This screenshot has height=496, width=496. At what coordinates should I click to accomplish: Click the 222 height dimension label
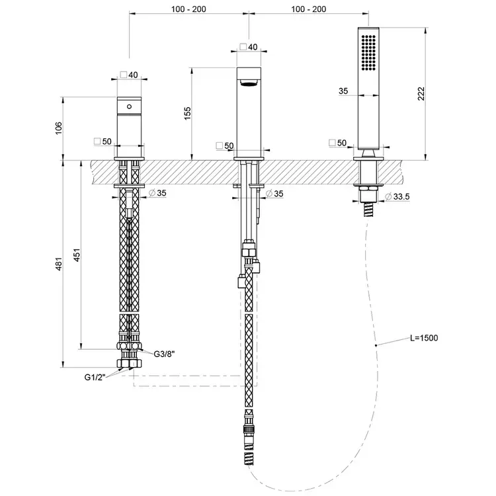point(421,94)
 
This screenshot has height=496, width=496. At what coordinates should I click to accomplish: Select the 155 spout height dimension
point(188,114)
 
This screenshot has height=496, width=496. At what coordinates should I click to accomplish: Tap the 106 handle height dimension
point(59,128)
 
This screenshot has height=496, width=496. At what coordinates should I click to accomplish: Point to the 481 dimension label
point(60,264)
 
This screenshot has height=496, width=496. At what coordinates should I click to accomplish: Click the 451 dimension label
point(77,255)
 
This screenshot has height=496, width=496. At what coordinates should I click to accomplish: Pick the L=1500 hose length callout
point(424,338)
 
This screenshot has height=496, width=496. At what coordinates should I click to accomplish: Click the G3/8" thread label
point(165,354)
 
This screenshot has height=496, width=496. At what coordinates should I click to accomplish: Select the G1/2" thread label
point(95,377)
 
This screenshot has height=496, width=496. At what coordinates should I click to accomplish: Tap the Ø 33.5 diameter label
point(397,197)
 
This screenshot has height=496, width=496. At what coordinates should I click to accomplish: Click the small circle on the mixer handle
point(129,106)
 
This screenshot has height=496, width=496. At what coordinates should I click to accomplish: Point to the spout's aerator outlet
point(249,83)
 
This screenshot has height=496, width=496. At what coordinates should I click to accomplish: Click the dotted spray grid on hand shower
point(368,52)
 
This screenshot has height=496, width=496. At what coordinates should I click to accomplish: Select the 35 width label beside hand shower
point(343,91)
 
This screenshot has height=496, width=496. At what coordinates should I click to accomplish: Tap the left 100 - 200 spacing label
point(188,9)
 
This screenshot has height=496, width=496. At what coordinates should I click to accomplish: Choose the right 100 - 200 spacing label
point(309,9)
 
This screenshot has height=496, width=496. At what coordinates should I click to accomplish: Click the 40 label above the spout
point(249,47)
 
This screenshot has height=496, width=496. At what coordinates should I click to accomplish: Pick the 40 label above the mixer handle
point(130,75)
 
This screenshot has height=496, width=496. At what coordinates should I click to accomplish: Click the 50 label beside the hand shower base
point(338,143)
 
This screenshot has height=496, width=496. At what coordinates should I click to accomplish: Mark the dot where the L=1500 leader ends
point(376,345)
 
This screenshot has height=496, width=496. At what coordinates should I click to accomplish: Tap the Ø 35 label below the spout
point(274,194)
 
